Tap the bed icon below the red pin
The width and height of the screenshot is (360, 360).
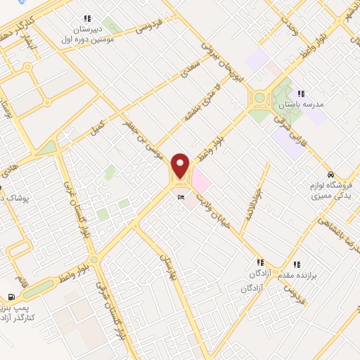(x=181, y=198)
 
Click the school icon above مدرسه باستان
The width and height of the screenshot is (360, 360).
(x=301, y=93)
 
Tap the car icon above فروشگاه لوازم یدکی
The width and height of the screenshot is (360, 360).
(x=330, y=174)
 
